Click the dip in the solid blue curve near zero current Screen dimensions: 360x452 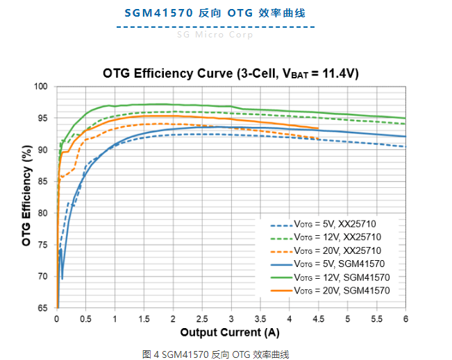pos(62,278)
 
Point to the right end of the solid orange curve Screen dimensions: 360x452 pos(318,128)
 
